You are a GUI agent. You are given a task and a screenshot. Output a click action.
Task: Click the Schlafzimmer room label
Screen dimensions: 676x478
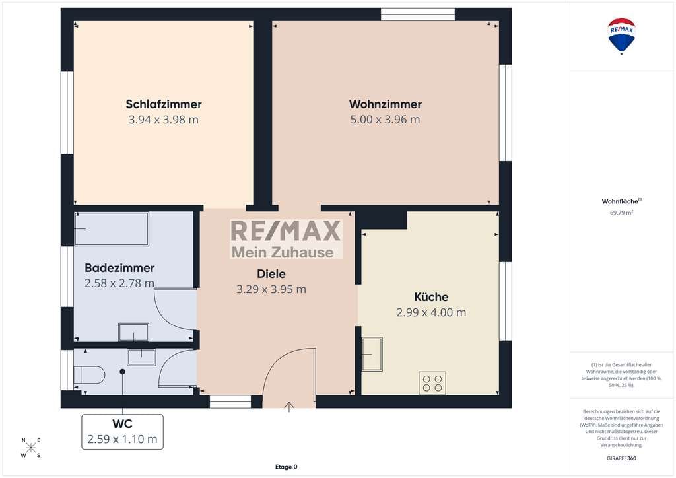click(164, 104)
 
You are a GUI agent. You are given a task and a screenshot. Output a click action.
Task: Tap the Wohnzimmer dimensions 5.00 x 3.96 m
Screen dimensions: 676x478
click(385, 119)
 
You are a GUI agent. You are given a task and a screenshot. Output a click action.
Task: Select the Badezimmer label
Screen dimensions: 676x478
click(119, 267)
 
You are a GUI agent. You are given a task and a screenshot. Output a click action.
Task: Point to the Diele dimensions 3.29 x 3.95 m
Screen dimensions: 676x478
click(271, 289)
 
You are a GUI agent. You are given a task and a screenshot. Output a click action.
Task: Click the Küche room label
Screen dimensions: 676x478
click(431, 297)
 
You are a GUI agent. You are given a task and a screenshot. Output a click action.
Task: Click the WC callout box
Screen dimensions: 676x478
click(122, 431)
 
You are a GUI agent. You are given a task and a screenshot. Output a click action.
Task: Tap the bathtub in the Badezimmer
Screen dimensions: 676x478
click(112, 229)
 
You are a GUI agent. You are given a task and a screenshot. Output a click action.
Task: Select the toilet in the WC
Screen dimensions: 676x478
click(89, 374)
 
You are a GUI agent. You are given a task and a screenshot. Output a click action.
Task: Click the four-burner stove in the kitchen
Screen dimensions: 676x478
click(432, 383)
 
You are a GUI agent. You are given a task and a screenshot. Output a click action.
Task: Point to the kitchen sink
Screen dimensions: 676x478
click(372, 355)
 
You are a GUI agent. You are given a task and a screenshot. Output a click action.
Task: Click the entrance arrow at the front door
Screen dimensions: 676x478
click(289, 407)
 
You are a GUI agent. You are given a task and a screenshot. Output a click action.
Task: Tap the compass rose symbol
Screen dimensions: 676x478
click(31, 448)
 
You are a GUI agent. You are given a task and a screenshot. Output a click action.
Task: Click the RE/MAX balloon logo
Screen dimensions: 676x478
click(621, 36)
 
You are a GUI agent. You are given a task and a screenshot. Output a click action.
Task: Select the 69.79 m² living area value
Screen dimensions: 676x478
click(621, 213)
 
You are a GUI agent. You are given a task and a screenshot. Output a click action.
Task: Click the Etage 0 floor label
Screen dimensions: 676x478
click(287, 467)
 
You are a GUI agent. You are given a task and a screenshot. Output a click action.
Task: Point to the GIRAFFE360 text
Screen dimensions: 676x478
click(621, 458)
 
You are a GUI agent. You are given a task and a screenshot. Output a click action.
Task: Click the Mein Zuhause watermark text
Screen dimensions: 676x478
click(283, 252)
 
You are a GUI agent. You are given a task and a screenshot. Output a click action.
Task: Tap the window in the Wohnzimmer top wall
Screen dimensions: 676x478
click(418, 15)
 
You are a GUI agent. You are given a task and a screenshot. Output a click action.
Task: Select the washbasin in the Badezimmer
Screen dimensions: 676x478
click(133, 332)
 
